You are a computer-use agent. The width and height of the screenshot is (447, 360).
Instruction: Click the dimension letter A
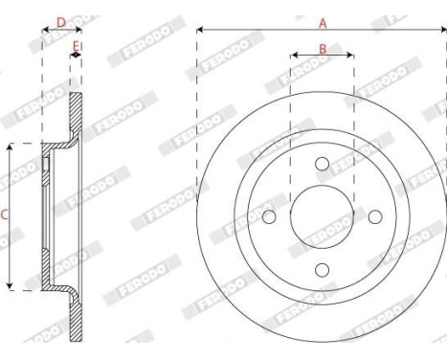point(323,20)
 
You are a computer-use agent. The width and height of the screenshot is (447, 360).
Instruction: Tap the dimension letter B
point(323,47)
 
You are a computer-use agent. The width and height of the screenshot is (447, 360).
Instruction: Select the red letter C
point(4,215)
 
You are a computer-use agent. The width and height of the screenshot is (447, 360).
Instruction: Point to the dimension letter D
point(60,20)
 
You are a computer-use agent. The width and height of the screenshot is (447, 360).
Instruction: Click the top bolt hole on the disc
point(323,162)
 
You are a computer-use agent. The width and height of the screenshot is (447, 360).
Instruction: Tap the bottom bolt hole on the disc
point(323,269)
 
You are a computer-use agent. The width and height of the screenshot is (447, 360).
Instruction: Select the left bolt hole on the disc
point(269,215)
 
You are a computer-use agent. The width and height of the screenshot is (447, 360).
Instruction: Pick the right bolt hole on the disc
point(376,215)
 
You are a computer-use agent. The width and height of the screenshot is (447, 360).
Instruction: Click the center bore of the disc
point(323,215)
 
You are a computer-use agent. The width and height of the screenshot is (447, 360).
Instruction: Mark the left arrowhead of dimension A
point(200,30)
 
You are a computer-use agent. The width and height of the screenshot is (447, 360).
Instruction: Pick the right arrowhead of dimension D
point(76,30)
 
